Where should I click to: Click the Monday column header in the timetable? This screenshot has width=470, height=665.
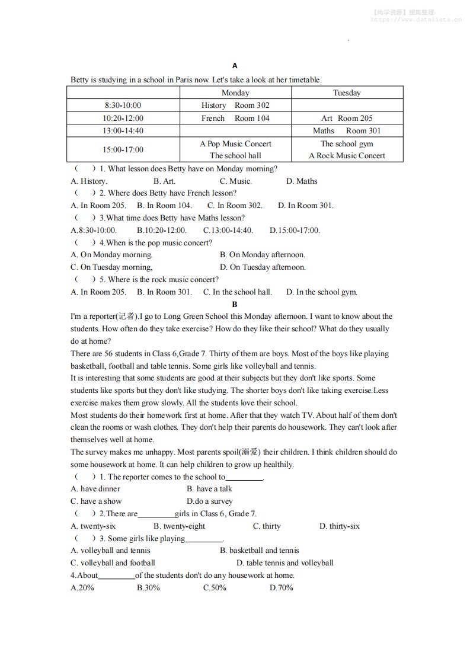click(x=235, y=93)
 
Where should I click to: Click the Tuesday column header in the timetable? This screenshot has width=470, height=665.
click(x=347, y=93)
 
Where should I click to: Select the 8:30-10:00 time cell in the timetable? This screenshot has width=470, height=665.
click(x=123, y=105)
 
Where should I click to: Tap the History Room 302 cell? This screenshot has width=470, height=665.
click(x=235, y=105)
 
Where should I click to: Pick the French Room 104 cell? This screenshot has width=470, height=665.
click(x=235, y=118)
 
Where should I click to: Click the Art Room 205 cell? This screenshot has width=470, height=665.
click(x=347, y=118)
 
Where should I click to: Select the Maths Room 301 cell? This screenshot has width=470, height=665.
click(x=347, y=130)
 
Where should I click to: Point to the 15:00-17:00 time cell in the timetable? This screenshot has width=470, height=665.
click(x=123, y=150)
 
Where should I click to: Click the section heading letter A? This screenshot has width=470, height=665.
click(x=235, y=66)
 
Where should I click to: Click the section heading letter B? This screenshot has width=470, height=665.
click(x=235, y=304)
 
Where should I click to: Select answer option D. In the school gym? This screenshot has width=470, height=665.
click(x=322, y=292)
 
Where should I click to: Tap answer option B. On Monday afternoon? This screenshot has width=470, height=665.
click(x=263, y=255)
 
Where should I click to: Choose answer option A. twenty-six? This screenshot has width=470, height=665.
click(x=93, y=526)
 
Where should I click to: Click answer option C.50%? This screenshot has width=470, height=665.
click(x=215, y=588)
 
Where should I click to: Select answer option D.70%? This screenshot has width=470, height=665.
click(x=281, y=588)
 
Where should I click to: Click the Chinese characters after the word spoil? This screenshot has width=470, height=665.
click(x=251, y=452)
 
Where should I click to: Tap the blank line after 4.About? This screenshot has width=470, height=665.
click(x=117, y=576)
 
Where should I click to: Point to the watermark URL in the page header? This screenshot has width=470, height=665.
click(x=416, y=19)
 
